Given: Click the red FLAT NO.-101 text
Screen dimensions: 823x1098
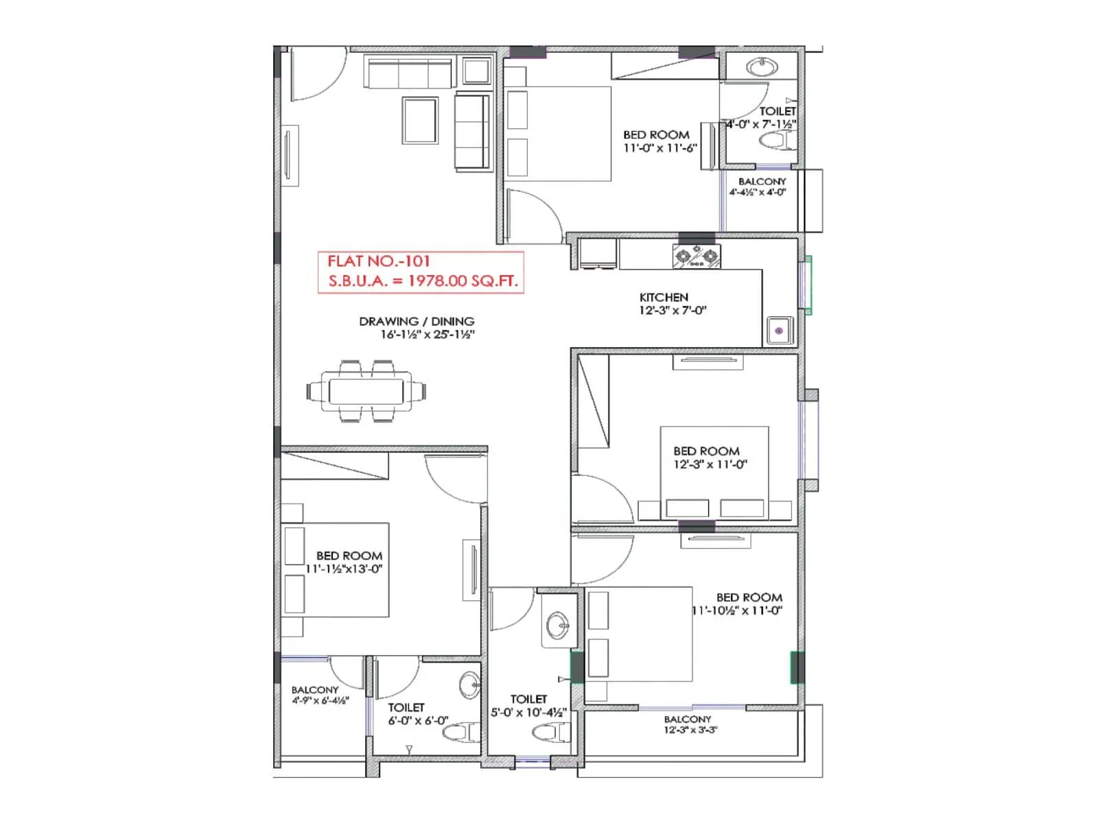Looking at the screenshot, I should pos(378,261).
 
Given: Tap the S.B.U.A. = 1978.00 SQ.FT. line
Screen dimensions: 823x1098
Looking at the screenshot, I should pos(423,281).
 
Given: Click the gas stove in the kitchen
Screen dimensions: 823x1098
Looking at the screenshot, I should pos(697,257).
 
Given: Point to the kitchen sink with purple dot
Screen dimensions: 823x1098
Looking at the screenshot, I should pos(780,331).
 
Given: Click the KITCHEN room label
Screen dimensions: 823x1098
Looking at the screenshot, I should pos(664,297).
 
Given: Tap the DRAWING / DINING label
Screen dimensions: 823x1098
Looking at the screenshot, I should pos(417,321).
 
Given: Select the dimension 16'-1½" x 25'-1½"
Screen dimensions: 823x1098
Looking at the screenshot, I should pos(428,335).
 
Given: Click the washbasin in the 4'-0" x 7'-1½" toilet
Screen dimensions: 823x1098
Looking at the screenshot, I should pos(762,67).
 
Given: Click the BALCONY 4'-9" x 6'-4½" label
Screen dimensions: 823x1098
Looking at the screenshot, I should pos(316,695).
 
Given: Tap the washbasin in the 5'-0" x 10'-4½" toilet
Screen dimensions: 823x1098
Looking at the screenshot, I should pos(557,625).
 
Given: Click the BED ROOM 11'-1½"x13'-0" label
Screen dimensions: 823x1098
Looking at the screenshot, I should pos(347,562).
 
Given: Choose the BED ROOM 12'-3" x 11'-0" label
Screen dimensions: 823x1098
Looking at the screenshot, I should pos(708,457).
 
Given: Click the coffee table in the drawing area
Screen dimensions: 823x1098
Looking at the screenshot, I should pos(420,121).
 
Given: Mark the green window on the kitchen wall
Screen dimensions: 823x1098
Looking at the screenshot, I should pos(808,285).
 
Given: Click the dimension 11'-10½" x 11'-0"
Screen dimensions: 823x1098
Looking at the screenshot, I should pos(737,610).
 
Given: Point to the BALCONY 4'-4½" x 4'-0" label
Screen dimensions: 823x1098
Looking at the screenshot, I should pos(760,187).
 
